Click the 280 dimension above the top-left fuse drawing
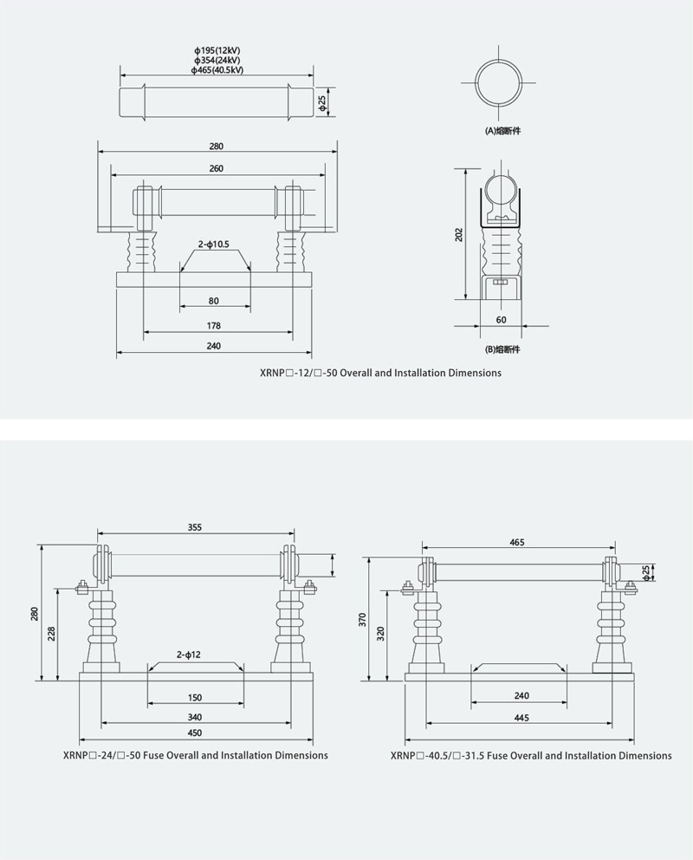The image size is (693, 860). [217, 147]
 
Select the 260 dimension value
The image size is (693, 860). [217, 168]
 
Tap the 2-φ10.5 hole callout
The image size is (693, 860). [214, 244]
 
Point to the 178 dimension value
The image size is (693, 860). [214, 326]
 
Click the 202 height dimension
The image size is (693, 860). [459, 235]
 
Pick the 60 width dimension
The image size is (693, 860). [502, 320]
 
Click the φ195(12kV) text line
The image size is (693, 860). [217, 50]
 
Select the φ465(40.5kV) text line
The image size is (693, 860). [217, 70]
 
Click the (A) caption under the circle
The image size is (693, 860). [503, 131]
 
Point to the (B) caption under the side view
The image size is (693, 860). [502, 349]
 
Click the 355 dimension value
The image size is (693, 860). [195, 528]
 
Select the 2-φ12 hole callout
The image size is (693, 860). [189, 655]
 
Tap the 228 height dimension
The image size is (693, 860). [51, 634]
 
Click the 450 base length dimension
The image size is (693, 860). [195, 733]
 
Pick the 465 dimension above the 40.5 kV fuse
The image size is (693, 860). [516, 543]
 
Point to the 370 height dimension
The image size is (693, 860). [363, 621]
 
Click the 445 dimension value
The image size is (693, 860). [521, 718]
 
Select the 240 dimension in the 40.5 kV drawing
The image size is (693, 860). [521, 696]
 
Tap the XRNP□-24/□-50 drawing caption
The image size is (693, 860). [196, 755]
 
